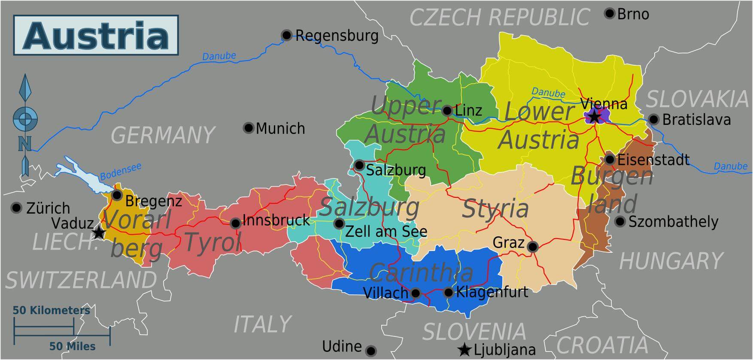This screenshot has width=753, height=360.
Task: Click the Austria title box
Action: (96, 35)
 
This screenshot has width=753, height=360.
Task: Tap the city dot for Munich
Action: (248, 128)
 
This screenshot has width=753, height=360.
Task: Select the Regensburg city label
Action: (337, 35)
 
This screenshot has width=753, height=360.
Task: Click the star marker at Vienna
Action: (594, 116)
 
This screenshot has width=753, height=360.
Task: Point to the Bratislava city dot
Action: (653, 119)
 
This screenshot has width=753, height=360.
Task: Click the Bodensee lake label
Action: (120, 172)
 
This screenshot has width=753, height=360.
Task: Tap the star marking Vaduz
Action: (99, 233)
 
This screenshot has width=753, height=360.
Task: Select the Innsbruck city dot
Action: (235, 223)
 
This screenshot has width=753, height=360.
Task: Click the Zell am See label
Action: (386, 232)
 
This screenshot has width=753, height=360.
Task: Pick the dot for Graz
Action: (532, 247)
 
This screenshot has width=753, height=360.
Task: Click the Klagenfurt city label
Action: (492, 292)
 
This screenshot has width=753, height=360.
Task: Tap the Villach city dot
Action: (415, 293)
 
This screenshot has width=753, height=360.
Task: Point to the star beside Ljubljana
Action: (464, 350)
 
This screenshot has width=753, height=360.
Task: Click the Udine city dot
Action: (371, 351)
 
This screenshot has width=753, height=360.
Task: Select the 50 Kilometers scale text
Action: (51, 310)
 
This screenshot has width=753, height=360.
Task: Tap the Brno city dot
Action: (609, 13)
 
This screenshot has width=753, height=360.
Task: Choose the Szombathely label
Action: (673, 221)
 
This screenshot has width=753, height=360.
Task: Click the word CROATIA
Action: (602, 345)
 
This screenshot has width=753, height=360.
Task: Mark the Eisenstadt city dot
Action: (610, 160)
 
